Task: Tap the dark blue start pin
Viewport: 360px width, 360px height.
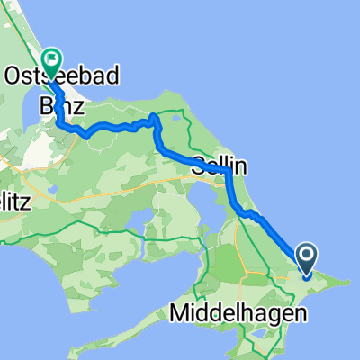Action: (306, 261)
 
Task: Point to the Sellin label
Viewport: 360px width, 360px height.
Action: (219, 166)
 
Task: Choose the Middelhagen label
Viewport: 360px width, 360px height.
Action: (238, 314)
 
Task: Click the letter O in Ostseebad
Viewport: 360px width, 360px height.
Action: (15, 77)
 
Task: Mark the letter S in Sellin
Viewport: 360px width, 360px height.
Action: (199, 166)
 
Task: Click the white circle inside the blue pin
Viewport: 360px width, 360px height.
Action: (306, 258)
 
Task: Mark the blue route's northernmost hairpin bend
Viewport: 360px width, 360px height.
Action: (154, 117)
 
